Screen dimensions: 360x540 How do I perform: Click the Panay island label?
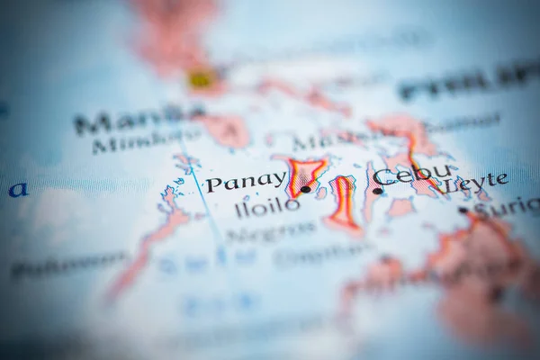click(245, 182)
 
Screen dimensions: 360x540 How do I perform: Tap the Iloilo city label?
click(266, 206)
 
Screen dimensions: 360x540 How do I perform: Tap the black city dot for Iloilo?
click(305, 189)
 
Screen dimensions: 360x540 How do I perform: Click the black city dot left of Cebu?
click(377, 191)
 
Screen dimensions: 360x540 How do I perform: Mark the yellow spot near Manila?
click(201, 80)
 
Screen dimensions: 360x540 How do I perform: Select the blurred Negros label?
click(270, 231)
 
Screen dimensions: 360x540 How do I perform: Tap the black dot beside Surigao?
click(463, 211)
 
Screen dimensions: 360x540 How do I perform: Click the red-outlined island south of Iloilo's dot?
click(344, 203)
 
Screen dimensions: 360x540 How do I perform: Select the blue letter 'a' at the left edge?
click(17, 190)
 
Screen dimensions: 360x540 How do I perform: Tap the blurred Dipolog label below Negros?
click(311, 256)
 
